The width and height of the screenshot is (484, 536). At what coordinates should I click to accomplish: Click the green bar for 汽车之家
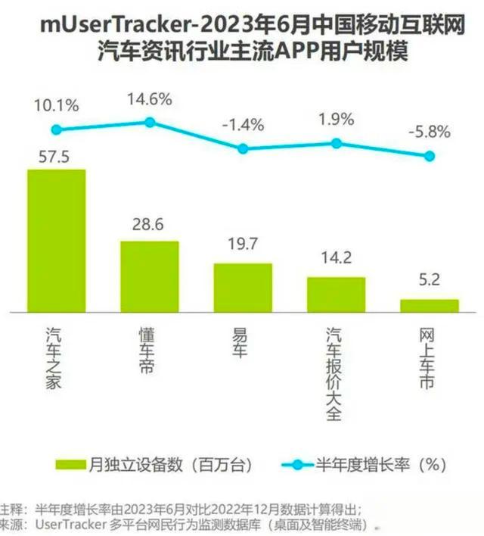click(x=56, y=240)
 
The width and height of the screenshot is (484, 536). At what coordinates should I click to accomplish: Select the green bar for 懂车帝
click(x=150, y=276)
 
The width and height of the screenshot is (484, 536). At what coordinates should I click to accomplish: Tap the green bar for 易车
click(x=243, y=287)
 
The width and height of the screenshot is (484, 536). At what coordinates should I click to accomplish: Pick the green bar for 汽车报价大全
click(x=336, y=294)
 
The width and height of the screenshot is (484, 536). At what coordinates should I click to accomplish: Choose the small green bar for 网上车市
click(x=429, y=305)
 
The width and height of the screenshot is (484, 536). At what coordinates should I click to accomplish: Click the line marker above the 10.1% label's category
click(x=56, y=130)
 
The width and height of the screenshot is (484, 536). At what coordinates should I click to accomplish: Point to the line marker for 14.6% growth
click(x=150, y=122)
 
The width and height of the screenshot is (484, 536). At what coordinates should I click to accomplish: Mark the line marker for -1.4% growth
click(x=243, y=148)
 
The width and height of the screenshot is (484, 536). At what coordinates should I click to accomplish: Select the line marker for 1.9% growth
click(x=337, y=143)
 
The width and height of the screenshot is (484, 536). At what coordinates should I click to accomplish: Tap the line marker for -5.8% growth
click(x=430, y=156)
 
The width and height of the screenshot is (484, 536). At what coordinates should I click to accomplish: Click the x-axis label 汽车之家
click(x=54, y=357)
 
